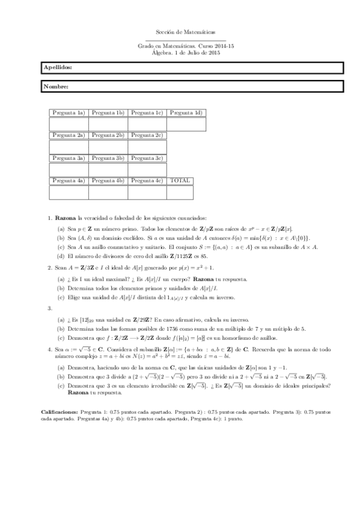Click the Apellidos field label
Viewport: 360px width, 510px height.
pyautogui.click(x=58, y=68)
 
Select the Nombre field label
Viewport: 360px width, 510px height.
pyautogui.click(x=56, y=87)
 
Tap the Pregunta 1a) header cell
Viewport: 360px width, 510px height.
pyautogui.click(x=69, y=112)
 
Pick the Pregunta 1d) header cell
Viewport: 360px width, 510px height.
pyautogui.click(x=186, y=112)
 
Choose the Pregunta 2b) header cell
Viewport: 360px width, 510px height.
pyautogui.click(x=108, y=135)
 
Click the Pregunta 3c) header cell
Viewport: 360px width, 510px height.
pyautogui.click(x=147, y=158)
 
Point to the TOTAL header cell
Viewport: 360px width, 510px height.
pyautogui.click(x=180, y=180)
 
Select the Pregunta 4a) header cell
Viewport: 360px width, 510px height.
pyautogui.click(x=69, y=180)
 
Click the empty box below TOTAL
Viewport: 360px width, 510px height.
pyautogui.click(x=186, y=192)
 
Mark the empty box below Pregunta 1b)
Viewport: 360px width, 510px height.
pyautogui.click(x=108, y=124)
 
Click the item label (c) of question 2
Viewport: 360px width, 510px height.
pyautogui.click(x=61, y=297)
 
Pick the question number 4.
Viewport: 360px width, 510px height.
pyautogui.click(x=49, y=348)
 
